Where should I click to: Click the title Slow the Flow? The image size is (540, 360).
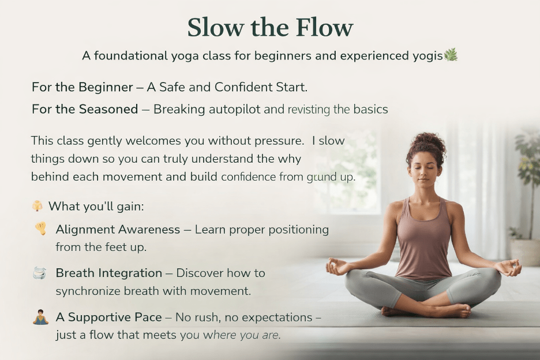tap(271, 27)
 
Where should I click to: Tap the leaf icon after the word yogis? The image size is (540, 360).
tap(451, 55)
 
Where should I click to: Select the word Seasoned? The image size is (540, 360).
tap(108, 109)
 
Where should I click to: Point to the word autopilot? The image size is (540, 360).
tap(235, 110)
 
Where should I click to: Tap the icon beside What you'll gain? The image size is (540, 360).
tap(37, 205)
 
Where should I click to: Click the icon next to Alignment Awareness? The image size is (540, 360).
tap(40, 228)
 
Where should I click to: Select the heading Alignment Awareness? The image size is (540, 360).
tap(118, 230)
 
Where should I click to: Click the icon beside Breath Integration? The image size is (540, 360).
tap(39, 273)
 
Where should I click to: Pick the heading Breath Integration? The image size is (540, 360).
tap(109, 273)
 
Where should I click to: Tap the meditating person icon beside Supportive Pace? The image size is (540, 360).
tap(40, 317)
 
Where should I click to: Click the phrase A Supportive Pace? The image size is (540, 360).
tap(109, 317)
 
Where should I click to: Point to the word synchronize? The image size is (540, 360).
tap(88, 291)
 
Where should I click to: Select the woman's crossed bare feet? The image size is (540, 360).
tap(427, 310)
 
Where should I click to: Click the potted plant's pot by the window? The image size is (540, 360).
tap(525, 252)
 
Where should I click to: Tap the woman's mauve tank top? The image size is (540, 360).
tap(423, 241)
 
